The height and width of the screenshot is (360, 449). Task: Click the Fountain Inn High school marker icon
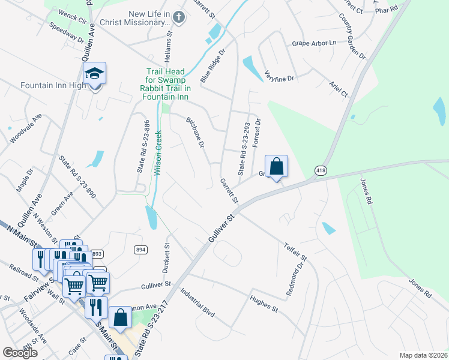(x=95, y=74)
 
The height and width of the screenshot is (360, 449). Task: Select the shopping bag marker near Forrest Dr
(x=276, y=167)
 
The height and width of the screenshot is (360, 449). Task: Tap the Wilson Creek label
(x=158, y=153)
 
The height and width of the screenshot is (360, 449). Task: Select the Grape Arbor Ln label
(x=314, y=43)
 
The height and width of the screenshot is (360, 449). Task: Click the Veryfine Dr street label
(x=279, y=76)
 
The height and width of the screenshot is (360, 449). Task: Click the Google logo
(x=20, y=353)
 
